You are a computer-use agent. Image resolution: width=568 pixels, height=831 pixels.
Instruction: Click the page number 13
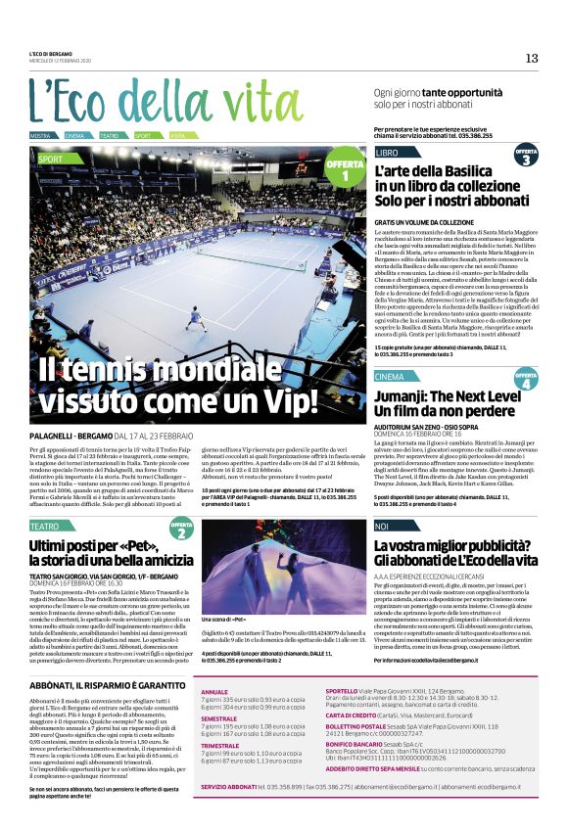click(x=532, y=58)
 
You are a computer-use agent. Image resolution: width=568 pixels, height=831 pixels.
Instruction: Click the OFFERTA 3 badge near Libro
click(x=526, y=156)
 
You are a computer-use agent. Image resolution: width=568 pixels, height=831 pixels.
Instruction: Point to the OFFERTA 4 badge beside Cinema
click(x=526, y=379)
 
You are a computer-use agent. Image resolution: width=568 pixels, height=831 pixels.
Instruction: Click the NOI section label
click(x=382, y=527)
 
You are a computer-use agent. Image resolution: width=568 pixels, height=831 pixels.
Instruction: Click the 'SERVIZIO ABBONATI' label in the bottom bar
click(x=227, y=786)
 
